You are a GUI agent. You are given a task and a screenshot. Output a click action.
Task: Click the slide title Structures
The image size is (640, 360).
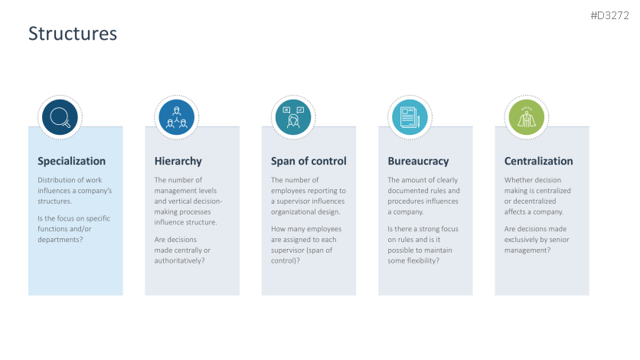tap(73, 34)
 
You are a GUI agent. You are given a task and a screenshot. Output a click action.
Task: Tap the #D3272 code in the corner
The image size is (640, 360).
tap(609, 15)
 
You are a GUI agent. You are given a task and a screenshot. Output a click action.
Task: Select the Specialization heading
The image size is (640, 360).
tap(72, 161)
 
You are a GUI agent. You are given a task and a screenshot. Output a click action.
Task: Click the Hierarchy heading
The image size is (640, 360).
tap(178, 161)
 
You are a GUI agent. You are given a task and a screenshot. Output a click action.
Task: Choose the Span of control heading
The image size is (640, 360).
tap(309, 161)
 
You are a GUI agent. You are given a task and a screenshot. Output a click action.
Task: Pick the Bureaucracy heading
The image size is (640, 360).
tap(418, 161)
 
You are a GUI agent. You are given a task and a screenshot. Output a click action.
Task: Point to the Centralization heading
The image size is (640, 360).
tap(539, 161)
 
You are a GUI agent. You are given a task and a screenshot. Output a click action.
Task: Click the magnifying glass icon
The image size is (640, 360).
tap(60, 117)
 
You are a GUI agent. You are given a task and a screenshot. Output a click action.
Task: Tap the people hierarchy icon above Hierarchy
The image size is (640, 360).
tap(177, 117)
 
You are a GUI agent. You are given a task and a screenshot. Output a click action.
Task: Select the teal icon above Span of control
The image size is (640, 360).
tap(293, 117)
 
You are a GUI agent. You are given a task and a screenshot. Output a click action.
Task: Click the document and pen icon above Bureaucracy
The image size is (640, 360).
tap(410, 117)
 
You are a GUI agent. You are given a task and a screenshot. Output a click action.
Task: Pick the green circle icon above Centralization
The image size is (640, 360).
tap(527, 117)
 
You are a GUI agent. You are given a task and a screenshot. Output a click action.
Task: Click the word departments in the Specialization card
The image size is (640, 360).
tap(60, 240)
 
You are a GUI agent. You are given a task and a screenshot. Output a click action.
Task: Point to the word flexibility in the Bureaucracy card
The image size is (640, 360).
tap(424, 260)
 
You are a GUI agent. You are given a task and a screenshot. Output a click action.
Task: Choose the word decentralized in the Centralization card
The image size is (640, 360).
tap(539, 201)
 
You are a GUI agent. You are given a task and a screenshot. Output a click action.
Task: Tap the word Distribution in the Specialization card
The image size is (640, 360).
tap(58, 180)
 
